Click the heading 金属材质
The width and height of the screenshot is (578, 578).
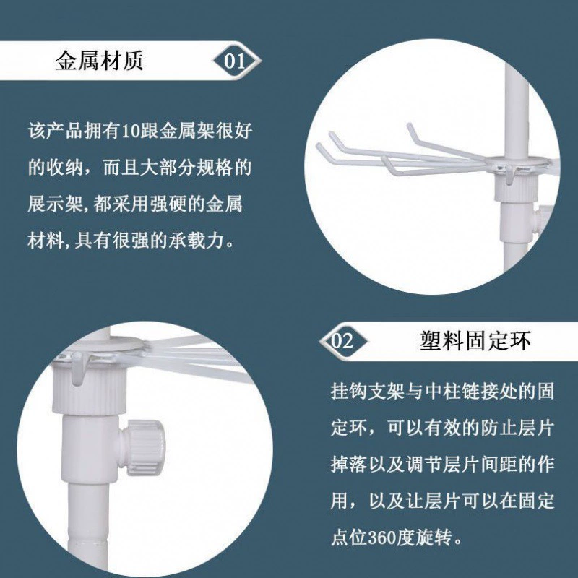[x=99, y=61]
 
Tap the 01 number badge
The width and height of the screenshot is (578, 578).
[x=236, y=61]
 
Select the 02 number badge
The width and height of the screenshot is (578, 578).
[x=342, y=342]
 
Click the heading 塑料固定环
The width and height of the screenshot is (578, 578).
[x=475, y=340]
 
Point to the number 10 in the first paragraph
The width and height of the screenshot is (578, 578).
[x=131, y=131]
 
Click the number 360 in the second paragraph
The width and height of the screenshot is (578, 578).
[x=382, y=538]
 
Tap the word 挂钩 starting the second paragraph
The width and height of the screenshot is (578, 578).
[x=349, y=390]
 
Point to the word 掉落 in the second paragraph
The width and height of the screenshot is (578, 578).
[x=349, y=464]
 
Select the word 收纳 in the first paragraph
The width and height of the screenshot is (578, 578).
[x=65, y=168]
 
